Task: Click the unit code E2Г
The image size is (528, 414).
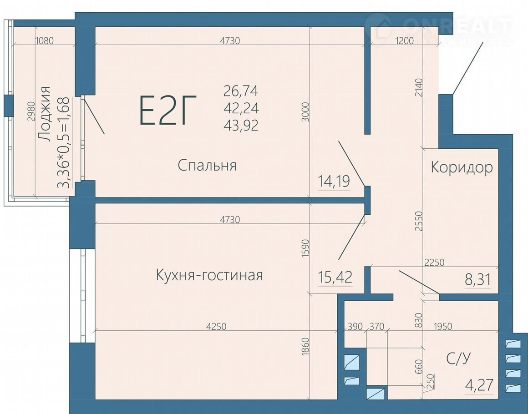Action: [x=168, y=111]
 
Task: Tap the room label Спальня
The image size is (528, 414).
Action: [x=207, y=166]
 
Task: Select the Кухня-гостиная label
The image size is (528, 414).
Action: [x=209, y=275]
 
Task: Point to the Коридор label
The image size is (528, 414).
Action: [x=462, y=167]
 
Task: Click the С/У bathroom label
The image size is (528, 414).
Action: [x=458, y=359]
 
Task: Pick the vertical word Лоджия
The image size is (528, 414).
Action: [x=44, y=114]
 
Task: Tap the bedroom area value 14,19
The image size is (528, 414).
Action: [x=334, y=182]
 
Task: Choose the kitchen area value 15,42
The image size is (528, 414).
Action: [x=335, y=278]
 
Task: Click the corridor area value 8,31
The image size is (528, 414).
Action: [x=477, y=280]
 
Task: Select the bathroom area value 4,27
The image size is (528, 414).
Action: [x=479, y=385]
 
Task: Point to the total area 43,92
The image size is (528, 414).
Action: [x=241, y=126]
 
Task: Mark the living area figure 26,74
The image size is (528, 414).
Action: [x=241, y=91]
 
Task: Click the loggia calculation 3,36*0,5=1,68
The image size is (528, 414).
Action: [x=64, y=142]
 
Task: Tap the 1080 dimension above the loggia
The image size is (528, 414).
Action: [x=45, y=41]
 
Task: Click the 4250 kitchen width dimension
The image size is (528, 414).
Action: [x=216, y=327]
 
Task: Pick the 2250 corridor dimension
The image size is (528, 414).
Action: [x=434, y=262]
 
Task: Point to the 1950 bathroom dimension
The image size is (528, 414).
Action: [x=443, y=326]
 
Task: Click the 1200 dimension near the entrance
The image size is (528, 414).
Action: [x=404, y=41]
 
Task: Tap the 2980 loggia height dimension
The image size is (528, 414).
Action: [x=31, y=111]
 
